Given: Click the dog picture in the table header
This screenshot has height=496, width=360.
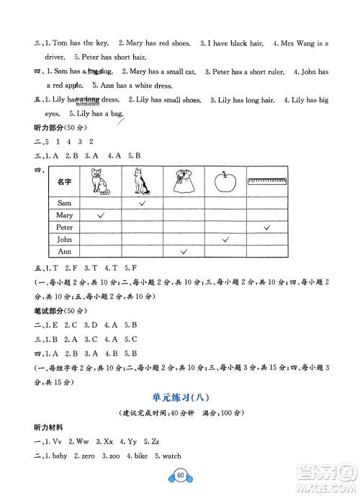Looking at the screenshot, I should point(142,182).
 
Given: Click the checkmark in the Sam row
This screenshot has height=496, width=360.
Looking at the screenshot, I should point(142,204).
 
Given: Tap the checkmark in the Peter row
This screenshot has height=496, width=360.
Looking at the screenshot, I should point(267,227).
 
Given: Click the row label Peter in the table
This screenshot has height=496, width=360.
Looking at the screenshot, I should point(65,227).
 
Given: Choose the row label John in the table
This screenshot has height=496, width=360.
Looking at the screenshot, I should point(65,239).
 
